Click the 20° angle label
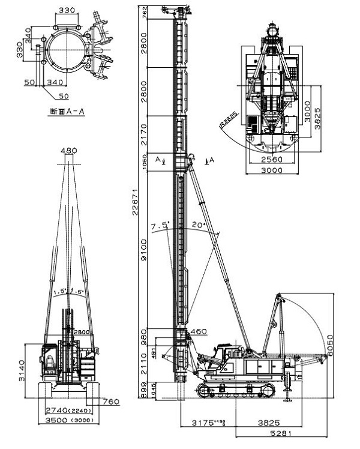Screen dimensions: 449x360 [x=199, y=225]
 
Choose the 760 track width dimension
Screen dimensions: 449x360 [x=110, y=402]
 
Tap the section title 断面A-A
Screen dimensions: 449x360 [x=65, y=111]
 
